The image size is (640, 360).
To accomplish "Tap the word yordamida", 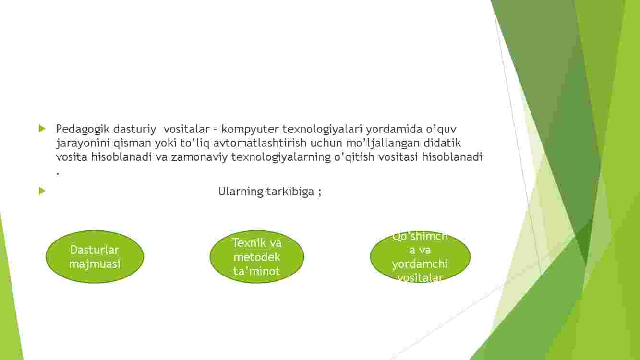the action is pos(394,130).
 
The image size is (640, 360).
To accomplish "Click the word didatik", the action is pos(442,143).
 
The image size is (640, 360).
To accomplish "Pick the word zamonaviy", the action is pos(199,157).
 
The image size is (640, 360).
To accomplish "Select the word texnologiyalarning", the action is pos(281,157).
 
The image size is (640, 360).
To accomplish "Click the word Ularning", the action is pos(241,192).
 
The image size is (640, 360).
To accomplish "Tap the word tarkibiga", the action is pos(290,192).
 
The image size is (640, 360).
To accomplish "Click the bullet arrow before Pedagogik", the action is pos(42,129).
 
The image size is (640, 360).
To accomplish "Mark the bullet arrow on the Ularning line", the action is pos(42,191).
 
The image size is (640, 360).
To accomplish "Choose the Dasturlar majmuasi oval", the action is pos(95,257).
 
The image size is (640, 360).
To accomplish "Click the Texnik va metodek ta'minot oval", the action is pos(257,257).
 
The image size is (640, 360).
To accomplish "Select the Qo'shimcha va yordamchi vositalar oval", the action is pos(420,257).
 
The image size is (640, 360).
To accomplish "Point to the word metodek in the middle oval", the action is pos(257,257).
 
